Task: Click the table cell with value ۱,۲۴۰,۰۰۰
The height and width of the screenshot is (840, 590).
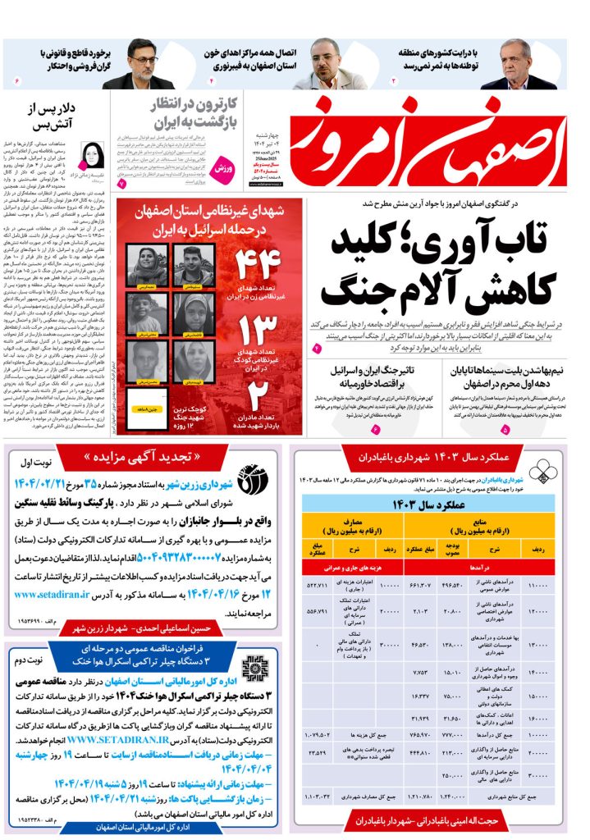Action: pyautogui.click(x=455, y=795)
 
